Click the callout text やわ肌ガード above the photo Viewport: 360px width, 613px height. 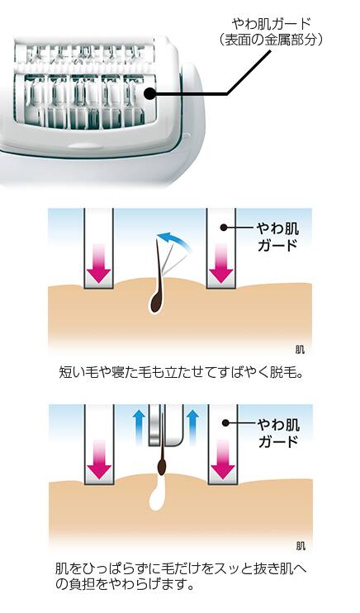(x=271, y=24)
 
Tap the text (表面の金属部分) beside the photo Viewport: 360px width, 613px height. (x=271, y=40)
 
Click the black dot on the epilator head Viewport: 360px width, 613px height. (x=149, y=94)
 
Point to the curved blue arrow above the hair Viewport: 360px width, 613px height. (x=176, y=238)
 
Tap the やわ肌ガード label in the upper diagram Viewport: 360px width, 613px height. (x=277, y=237)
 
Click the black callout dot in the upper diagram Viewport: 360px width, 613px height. (x=224, y=228)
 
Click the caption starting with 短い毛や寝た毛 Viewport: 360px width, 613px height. (x=181, y=372)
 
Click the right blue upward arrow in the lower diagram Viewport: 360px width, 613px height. (x=192, y=428)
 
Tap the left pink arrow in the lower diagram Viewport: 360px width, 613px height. (x=98, y=460)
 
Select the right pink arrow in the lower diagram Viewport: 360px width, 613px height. (x=222, y=460)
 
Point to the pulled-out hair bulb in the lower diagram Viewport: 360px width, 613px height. (x=161, y=466)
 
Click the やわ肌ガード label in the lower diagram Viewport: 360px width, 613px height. (x=278, y=433)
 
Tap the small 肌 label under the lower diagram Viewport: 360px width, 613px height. (x=301, y=545)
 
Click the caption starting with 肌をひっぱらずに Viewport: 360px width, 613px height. (x=181, y=577)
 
